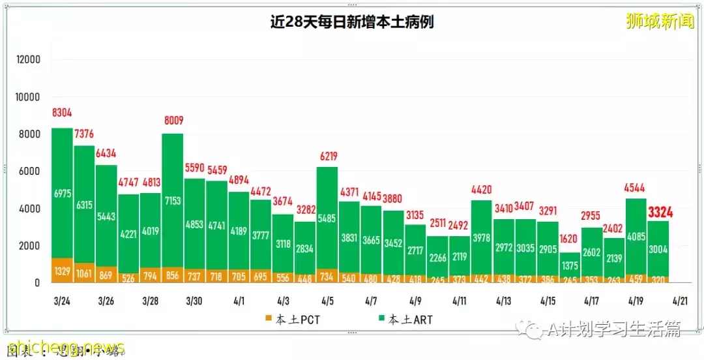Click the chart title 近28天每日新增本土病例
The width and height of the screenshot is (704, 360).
352,22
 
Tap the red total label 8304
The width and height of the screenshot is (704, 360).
62,113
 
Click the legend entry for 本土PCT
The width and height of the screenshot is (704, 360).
294,320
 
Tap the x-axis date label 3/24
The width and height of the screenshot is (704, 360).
61,302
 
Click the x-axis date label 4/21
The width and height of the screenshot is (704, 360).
679,302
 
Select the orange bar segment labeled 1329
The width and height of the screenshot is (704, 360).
62,271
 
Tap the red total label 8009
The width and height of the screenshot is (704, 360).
173,120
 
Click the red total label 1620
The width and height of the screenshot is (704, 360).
570,238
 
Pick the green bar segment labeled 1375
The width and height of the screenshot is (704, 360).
570,266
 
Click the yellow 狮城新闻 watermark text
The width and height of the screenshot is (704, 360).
660,21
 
